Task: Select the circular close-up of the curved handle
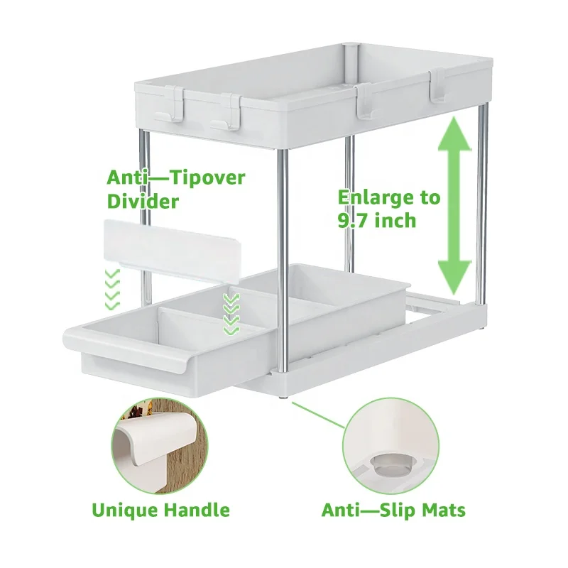[x=160, y=446]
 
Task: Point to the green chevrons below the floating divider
[x=111, y=288]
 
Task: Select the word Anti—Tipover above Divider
[x=175, y=177]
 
